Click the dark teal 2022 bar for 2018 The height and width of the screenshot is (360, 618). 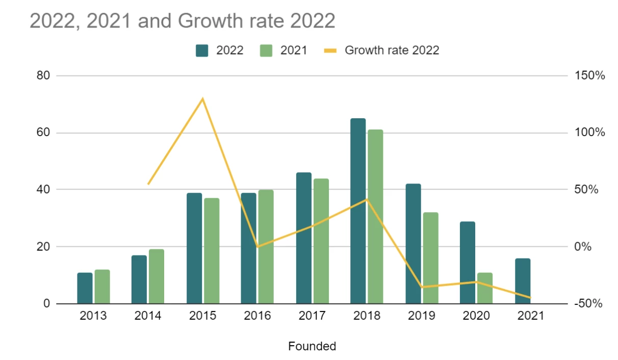358,211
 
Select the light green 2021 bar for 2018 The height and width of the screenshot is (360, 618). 375,217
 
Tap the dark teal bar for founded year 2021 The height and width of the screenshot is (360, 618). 523,281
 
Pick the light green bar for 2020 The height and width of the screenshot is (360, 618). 485,288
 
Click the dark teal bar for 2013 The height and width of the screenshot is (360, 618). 85,288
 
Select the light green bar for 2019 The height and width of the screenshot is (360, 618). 430,258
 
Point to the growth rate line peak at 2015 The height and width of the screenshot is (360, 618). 203,98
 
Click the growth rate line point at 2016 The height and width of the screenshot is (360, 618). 257,246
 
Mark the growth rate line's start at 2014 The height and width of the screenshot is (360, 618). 148,184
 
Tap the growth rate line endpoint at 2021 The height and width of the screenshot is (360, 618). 530,298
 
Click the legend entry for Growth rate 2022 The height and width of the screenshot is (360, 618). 381,50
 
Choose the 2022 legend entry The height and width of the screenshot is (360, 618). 219,50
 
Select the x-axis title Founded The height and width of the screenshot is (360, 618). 312,347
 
